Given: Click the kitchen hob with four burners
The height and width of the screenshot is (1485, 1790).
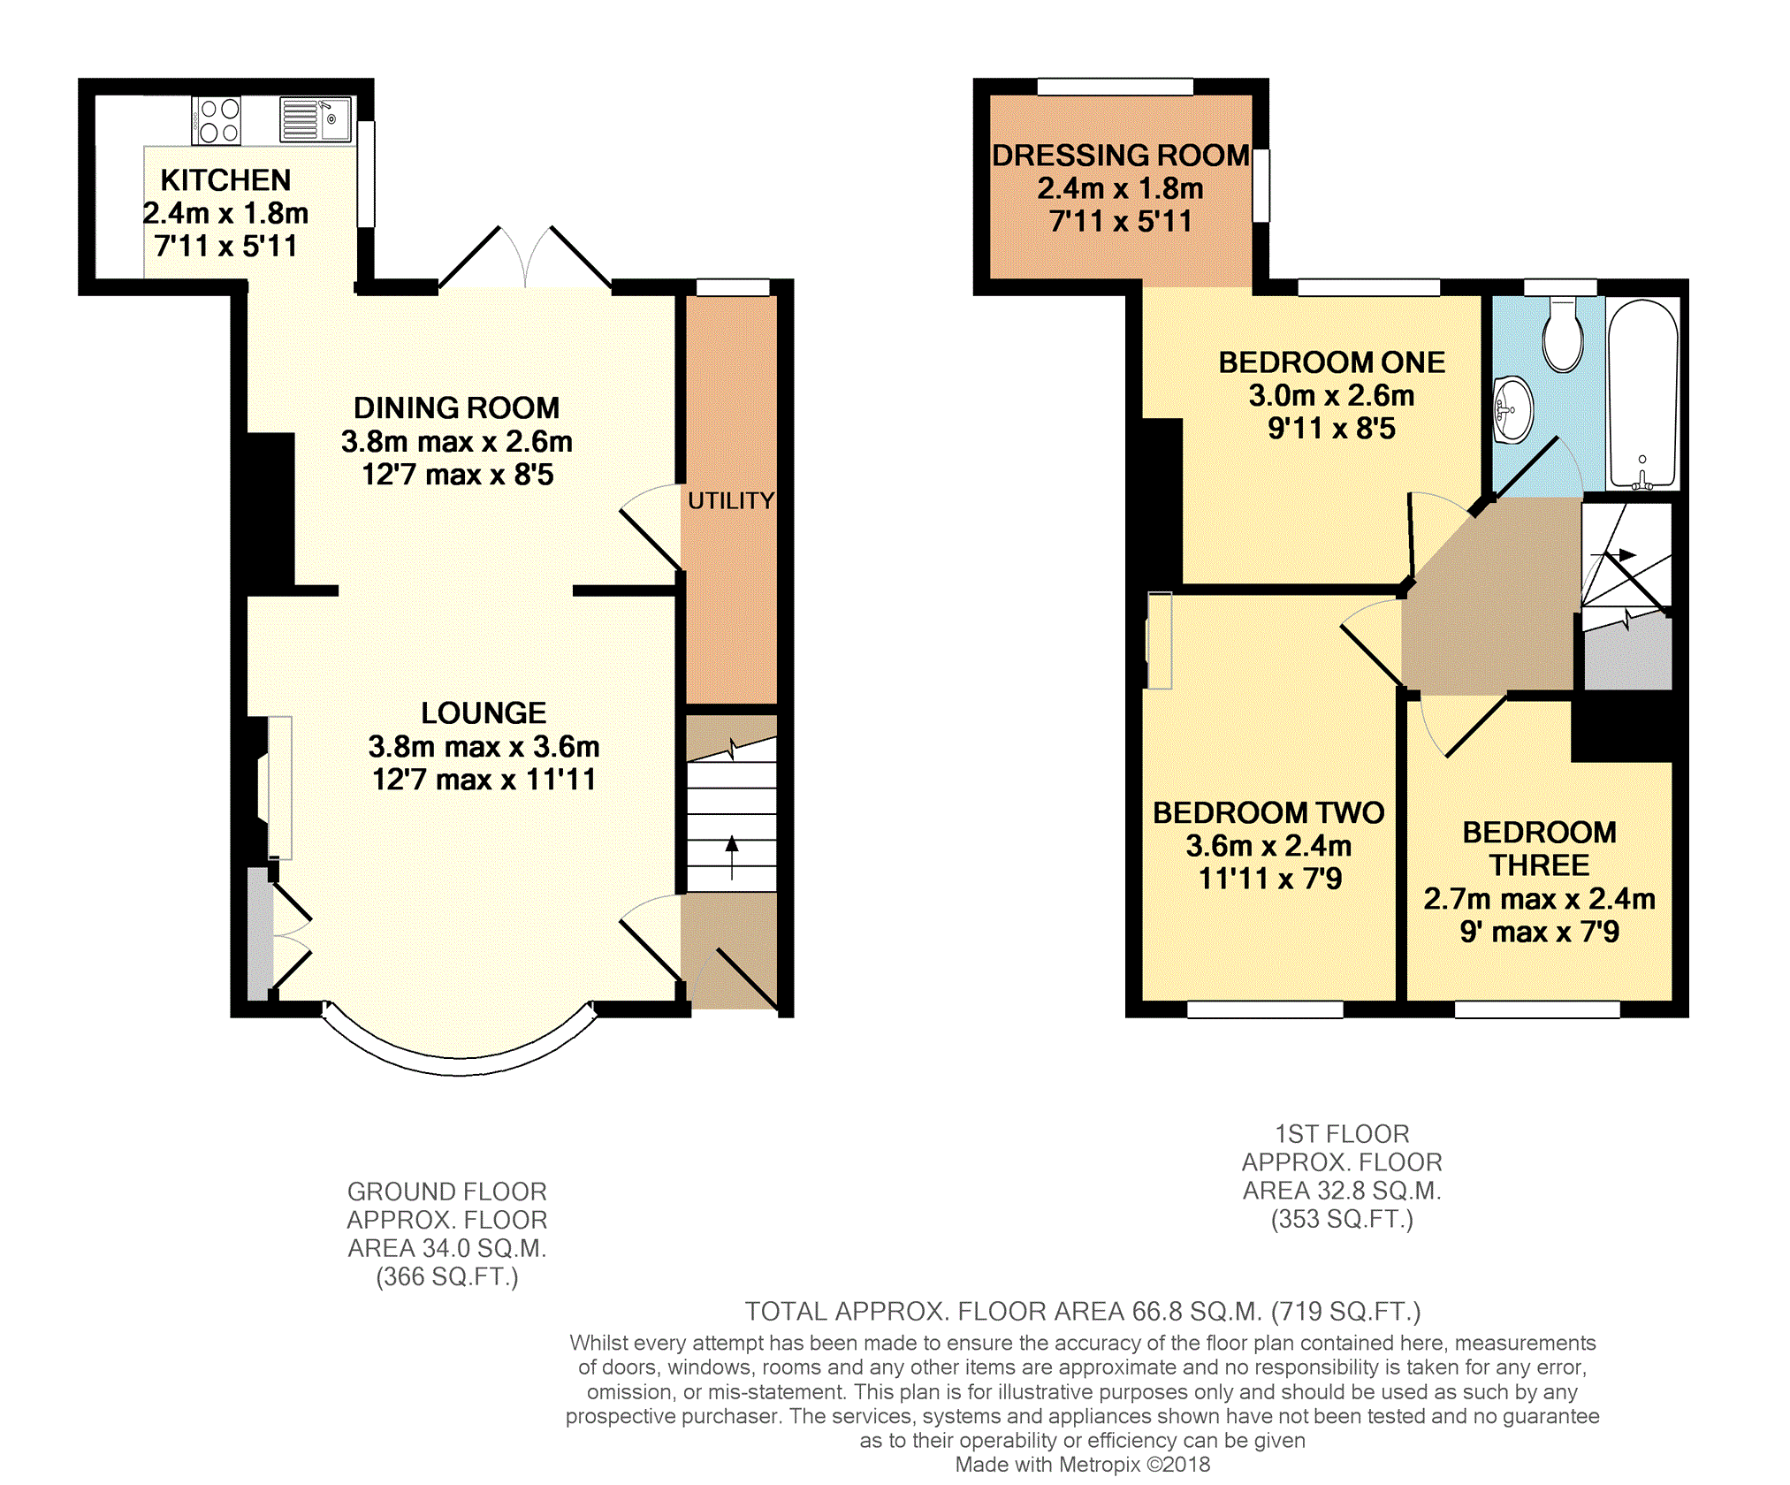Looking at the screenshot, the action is click(217, 121).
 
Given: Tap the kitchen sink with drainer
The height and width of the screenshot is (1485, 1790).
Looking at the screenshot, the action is click(316, 119).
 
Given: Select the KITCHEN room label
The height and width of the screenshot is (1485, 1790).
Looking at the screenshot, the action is click(225, 180).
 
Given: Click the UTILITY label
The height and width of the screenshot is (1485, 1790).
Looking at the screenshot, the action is click(731, 500).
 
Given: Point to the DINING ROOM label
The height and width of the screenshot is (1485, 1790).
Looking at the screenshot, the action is click(457, 407).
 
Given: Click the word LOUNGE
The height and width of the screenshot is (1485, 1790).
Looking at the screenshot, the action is click(484, 712).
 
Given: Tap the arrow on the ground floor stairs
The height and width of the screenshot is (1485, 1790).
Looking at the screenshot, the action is click(732, 857).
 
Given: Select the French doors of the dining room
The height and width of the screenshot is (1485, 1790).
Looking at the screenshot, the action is click(526, 257).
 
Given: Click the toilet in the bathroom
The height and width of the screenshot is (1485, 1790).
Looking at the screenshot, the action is click(1563, 335).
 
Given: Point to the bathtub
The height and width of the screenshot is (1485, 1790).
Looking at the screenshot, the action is click(1642, 394).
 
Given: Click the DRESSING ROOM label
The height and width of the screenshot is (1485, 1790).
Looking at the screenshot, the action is click(1121, 156).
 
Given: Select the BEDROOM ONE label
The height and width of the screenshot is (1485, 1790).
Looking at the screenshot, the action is click(1332, 362).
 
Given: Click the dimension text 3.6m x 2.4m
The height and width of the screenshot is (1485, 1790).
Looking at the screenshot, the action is click(1268, 846).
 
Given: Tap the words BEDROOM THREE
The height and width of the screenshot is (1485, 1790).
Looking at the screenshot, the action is click(1540, 849).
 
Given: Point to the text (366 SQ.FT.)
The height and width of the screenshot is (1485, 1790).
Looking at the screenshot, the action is click(447, 1276).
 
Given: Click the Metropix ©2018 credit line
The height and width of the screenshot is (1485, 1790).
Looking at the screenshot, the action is click(1083, 1464).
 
